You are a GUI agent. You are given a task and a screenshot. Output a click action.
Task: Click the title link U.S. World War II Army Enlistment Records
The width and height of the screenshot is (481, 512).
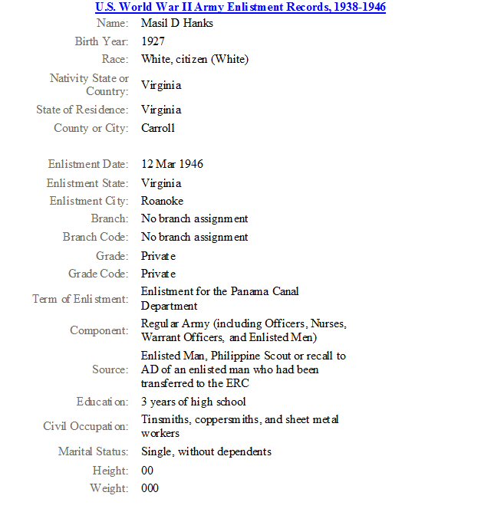pos(240,8)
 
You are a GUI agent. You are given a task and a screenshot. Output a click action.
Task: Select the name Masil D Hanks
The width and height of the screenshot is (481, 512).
pos(177,23)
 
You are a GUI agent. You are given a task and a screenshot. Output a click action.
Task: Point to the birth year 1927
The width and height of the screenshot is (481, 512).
pos(153,41)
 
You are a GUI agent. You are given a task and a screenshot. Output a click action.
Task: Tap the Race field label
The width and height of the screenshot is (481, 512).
pos(115,59)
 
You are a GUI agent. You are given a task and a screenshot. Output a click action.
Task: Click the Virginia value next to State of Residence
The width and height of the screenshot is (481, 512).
pos(161,110)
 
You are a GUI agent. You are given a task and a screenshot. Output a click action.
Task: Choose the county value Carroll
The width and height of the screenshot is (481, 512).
pos(158,128)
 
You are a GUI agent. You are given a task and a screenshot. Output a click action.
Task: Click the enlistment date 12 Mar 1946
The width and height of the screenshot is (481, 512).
pos(172,164)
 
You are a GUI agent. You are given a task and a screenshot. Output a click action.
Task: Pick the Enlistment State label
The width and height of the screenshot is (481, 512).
pos(87,183)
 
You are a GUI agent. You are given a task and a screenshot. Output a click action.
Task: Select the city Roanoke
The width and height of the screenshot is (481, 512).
pos(162,201)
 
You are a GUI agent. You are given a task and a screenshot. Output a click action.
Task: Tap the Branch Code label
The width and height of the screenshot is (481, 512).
pos(95,237)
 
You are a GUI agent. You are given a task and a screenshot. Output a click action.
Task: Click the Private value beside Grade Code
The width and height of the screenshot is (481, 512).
pos(158,274)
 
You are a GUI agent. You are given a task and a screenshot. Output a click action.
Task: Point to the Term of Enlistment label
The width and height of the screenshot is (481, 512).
pos(81,299)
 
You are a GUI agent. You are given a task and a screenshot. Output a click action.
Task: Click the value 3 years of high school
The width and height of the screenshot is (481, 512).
pos(193,402)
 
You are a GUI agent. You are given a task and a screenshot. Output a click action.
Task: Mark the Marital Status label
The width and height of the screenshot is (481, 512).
pos(94,451)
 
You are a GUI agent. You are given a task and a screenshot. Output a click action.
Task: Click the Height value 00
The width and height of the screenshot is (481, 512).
pos(147,470)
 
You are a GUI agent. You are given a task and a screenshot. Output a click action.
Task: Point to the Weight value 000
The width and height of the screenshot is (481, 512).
pos(150,488)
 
